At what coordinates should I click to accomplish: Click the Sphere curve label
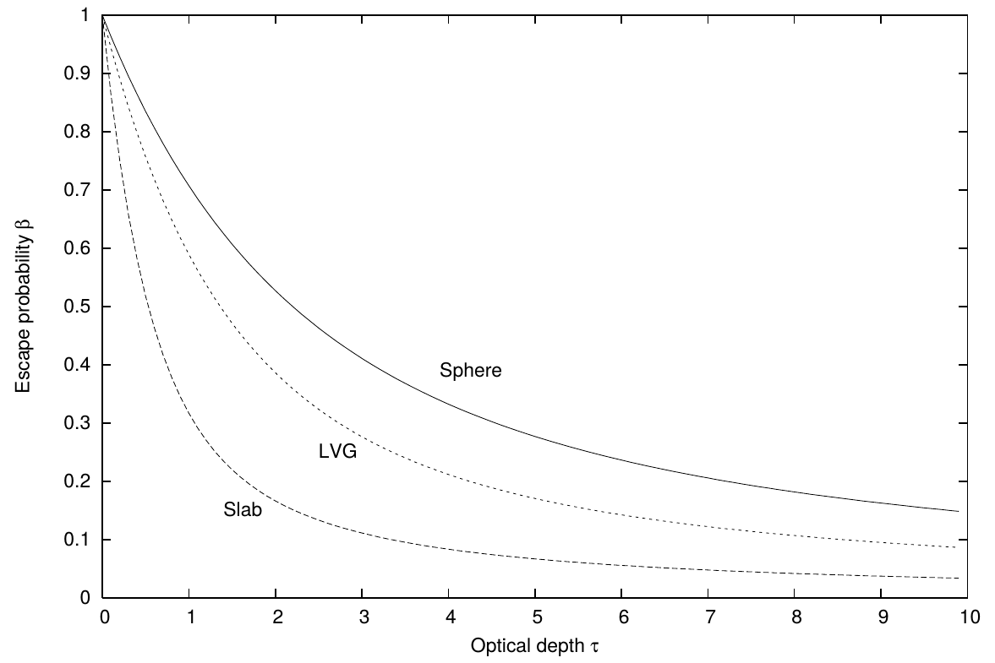(470, 370)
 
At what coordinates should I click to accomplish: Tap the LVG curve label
(337, 451)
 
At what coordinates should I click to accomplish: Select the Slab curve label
(243, 509)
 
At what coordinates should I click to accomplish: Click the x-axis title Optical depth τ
(534, 646)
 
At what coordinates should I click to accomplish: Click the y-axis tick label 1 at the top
(85, 15)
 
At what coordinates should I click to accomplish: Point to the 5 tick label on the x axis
(536, 617)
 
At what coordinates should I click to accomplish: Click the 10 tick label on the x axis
(970, 617)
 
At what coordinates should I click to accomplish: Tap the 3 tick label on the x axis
(363, 617)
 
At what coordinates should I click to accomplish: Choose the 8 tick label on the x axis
(795, 617)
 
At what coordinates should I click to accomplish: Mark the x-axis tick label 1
(189, 617)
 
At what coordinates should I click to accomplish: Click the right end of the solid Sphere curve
(958, 511)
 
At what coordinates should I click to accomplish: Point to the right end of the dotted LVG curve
(956, 547)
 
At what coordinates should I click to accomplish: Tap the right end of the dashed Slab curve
(958, 578)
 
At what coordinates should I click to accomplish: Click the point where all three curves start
(103, 15)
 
